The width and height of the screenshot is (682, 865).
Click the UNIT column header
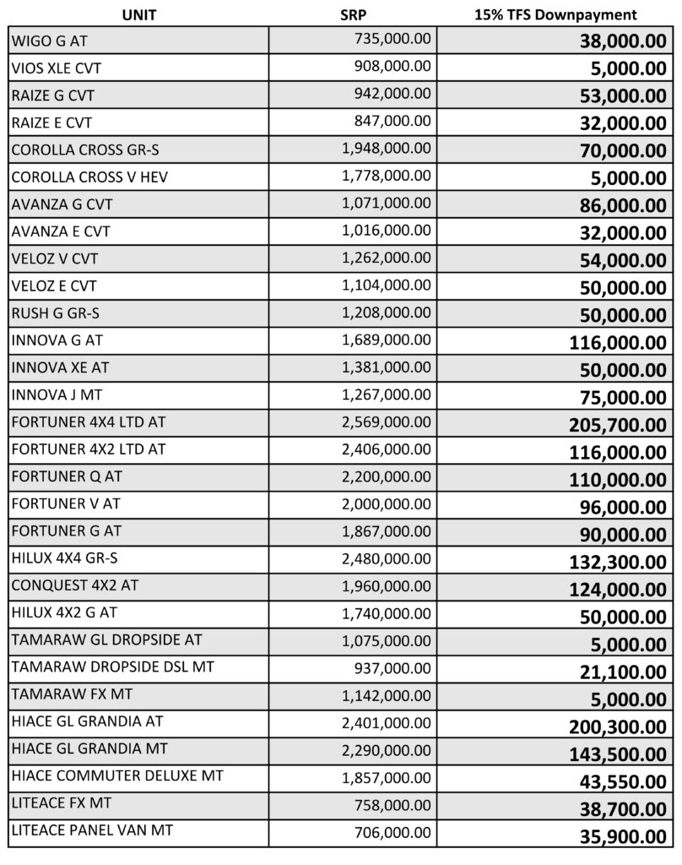138,14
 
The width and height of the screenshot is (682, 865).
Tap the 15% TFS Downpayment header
555,14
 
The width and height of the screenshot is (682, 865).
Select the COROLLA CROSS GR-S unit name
85,150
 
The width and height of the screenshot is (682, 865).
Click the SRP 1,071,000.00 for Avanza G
387,204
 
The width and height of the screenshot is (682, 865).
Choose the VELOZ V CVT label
60,258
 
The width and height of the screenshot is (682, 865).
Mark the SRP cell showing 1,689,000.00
387,340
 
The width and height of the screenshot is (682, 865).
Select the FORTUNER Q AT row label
67,476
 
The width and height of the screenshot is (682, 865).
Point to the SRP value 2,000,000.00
387,503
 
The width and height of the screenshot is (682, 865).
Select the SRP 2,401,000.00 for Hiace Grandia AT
387,721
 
